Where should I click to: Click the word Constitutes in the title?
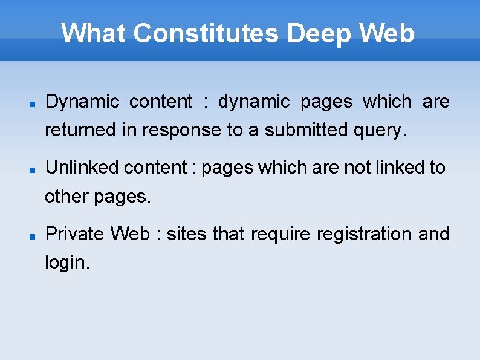click(x=206, y=33)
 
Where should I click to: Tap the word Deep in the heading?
click(x=319, y=33)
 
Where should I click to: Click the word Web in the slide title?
click(x=387, y=33)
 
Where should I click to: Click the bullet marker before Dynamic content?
click(x=34, y=103)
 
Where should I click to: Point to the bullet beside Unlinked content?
click(x=34, y=169)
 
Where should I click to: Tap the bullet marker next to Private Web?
click(x=34, y=236)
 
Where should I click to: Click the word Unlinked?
click(x=82, y=168)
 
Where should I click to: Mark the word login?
click(x=67, y=263)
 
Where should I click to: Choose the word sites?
click(x=187, y=234)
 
